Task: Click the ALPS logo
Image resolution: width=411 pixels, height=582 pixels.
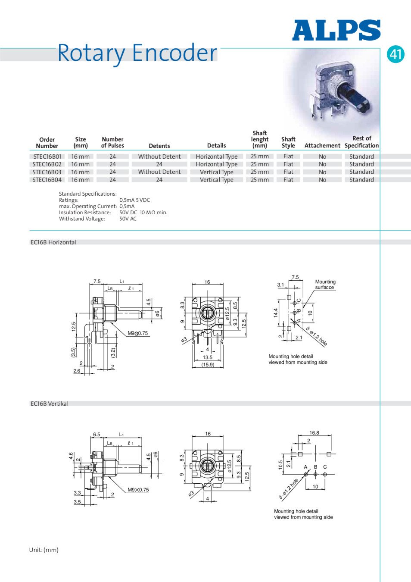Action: click(336, 31)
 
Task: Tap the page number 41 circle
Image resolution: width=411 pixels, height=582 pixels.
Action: click(395, 54)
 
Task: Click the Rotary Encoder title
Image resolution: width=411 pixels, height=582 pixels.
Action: click(137, 53)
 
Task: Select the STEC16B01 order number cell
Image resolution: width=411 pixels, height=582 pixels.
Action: click(47, 156)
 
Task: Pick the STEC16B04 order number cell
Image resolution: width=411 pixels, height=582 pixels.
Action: click(47, 180)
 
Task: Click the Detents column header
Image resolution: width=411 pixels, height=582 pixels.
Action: click(159, 146)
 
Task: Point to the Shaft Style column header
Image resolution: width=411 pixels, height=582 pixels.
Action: click(288, 142)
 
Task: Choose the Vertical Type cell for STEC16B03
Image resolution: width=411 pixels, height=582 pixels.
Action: click(216, 172)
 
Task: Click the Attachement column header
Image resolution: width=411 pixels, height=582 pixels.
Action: click(322, 146)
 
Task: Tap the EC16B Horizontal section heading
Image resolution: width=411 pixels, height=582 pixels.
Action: click(53, 242)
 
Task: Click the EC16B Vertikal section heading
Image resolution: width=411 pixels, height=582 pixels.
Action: click(50, 404)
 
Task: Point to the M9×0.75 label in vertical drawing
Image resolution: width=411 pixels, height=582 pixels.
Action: click(138, 490)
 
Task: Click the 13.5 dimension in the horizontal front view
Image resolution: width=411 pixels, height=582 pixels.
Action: click(208, 357)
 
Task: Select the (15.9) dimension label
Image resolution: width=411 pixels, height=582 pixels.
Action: click(208, 365)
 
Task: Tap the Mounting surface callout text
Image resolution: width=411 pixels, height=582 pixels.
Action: click(325, 285)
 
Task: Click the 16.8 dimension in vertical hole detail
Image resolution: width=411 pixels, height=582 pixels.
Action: click(314, 433)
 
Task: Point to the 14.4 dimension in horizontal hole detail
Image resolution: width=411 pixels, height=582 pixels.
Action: click(276, 313)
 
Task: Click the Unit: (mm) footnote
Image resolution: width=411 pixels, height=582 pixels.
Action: click(44, 550)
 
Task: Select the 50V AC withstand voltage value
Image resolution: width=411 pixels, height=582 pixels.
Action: click(128, 219)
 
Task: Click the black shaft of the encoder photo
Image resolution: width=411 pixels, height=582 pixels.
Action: click(353, 97)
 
